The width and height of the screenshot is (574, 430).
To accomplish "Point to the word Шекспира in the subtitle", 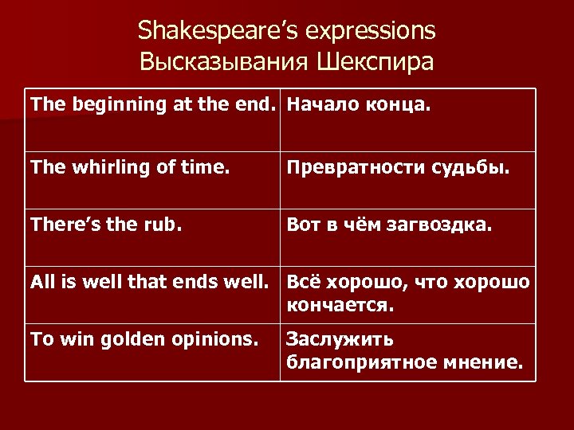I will [x=375, y=62].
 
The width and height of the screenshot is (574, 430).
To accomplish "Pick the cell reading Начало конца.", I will [x=358, y=104].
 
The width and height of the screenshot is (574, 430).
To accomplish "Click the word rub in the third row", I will [x=165, y=226].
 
